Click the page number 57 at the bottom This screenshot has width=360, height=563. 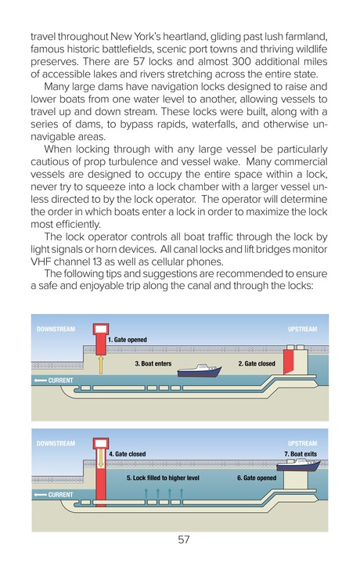[184, 540]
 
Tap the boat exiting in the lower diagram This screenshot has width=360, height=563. [302, 466]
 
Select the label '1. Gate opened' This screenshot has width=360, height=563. [128, 340]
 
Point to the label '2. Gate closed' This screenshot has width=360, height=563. [257, 364]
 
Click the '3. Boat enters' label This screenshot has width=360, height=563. [153, 364]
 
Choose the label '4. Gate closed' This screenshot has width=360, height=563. [127, 453]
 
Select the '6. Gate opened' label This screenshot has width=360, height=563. [257, 477]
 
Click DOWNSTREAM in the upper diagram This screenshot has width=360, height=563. [56, 330]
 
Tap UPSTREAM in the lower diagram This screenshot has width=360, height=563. [302, 443]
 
